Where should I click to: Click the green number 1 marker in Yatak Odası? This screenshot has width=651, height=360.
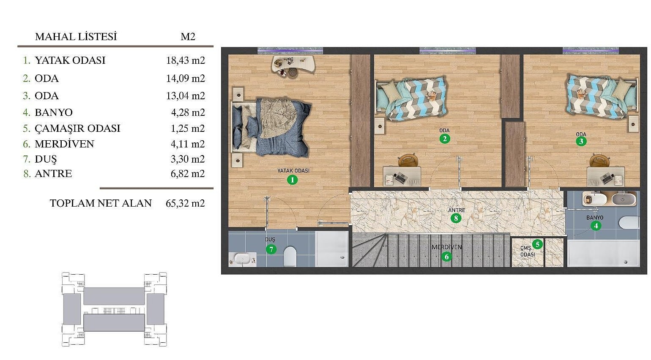(x=293, y=180)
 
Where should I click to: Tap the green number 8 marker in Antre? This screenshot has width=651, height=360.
(x=456, y=218)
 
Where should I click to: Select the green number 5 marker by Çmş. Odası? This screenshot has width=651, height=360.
(x=537, y=244)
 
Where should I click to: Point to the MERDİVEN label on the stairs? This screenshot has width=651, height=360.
(x=446, y=247)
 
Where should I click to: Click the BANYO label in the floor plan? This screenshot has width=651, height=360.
(x=595, y=217)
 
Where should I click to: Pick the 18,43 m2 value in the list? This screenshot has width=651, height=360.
(x=186, y=60)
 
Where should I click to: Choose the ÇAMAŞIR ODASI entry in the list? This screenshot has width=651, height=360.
(x=77, y=128)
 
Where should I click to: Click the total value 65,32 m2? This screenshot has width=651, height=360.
(x=185, y=203)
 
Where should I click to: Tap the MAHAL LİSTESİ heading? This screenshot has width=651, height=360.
(x=76, y=37)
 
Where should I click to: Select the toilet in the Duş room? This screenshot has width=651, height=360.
(x=290, y=256)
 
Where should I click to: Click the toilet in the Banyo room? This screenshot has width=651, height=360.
(x=629, y=223)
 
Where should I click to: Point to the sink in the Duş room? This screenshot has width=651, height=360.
(x=242, y=259)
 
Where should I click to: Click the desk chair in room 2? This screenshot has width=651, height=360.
(x=408, y=160)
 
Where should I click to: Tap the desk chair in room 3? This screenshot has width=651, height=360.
(x=599, y=161)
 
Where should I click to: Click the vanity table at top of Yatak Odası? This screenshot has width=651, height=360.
(x=293, y=65)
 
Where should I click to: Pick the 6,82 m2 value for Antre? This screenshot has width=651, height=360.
(x=188, y=174)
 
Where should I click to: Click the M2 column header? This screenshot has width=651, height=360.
(x=188, y=37)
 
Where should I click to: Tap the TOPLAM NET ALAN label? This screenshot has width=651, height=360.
(x=101, y=203)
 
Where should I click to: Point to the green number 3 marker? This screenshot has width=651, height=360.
(x=581, y=142)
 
